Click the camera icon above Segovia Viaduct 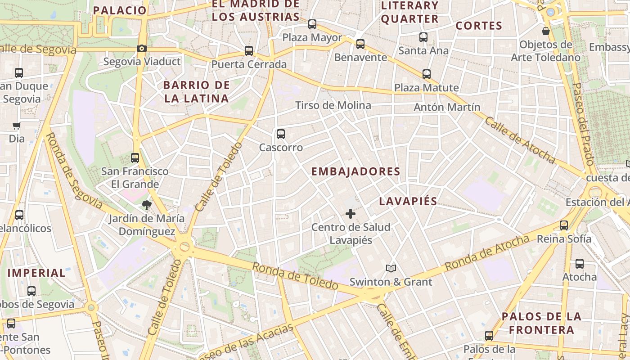coord(141,49)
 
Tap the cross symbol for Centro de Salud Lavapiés coord(351,214)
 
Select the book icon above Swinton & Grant coord(391,269)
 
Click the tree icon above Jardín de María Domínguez coord(146,206)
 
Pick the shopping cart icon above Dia coord(17,126)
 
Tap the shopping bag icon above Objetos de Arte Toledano coord(546,31)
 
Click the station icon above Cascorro coord(281,134)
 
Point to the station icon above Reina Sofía coord(564,225)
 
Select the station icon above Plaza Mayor coord(312,24)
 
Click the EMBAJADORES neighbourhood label coord(355,171)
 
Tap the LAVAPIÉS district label coord(408,201)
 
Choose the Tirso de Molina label coord(333,105)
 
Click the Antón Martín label coord(447,107)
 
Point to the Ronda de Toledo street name coord(295,276)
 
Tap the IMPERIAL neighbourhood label coord(36,273)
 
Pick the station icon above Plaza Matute coord(426,74)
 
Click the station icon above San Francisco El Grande coord(135,158)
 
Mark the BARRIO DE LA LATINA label coord(197,91)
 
